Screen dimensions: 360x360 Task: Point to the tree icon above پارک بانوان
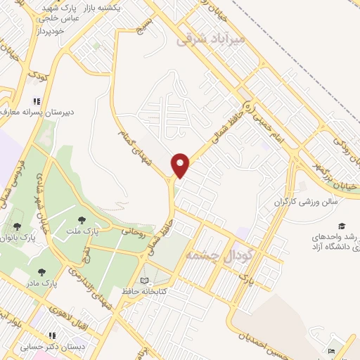pyautogui.click(x=17, y=226)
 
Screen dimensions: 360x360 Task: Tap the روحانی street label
pyautogui.click(x=134, y=231)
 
